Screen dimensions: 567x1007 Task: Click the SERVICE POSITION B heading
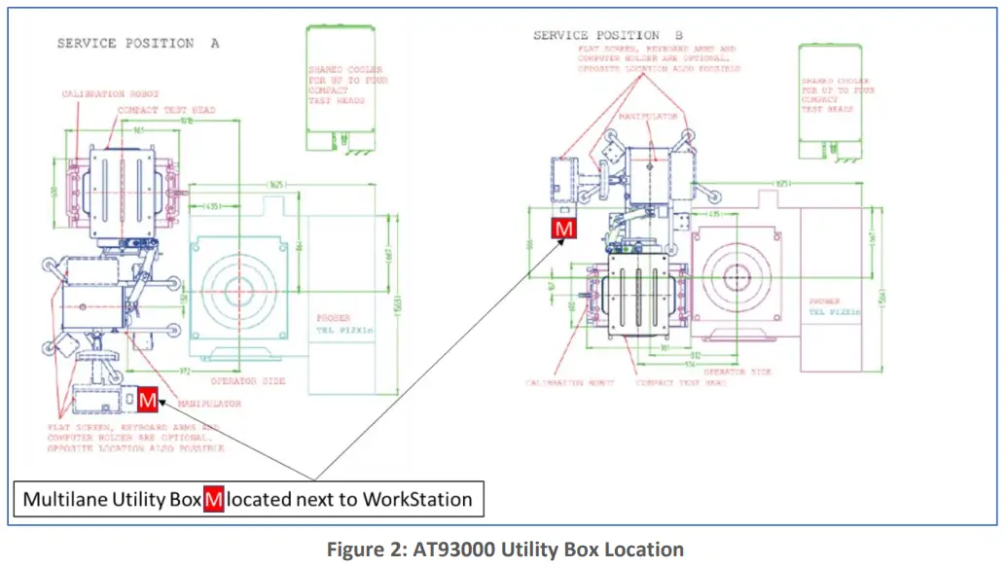[x=609, y=36]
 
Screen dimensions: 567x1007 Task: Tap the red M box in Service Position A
[x=147, y=399]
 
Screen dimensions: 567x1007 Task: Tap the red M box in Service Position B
[x=563, y=228]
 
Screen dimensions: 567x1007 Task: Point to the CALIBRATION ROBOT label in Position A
[x=107, y=94]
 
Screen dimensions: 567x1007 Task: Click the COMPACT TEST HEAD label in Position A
[x=166, y=110]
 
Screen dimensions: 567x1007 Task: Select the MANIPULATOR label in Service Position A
[x=208, y=403]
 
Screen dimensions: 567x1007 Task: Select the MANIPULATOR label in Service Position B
[x=649, y=116]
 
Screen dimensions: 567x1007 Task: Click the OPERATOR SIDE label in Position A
[x=248, y=381]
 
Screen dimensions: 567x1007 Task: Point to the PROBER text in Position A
[x=333, y=318]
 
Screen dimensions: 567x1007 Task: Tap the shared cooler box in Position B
[x=828, y=100]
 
